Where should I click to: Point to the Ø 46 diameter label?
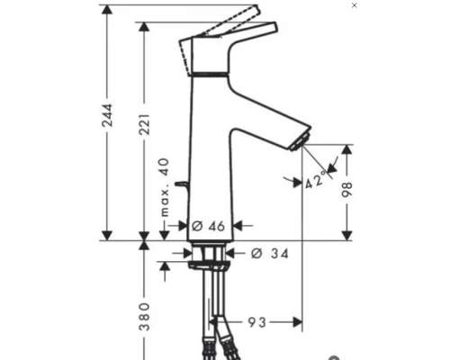[208, 226]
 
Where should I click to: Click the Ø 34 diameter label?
[265, 254]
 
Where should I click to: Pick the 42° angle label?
[314, 180]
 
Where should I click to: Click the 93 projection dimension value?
[256, 320]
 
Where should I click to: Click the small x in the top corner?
[354, 5]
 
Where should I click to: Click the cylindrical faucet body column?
[212, 162]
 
